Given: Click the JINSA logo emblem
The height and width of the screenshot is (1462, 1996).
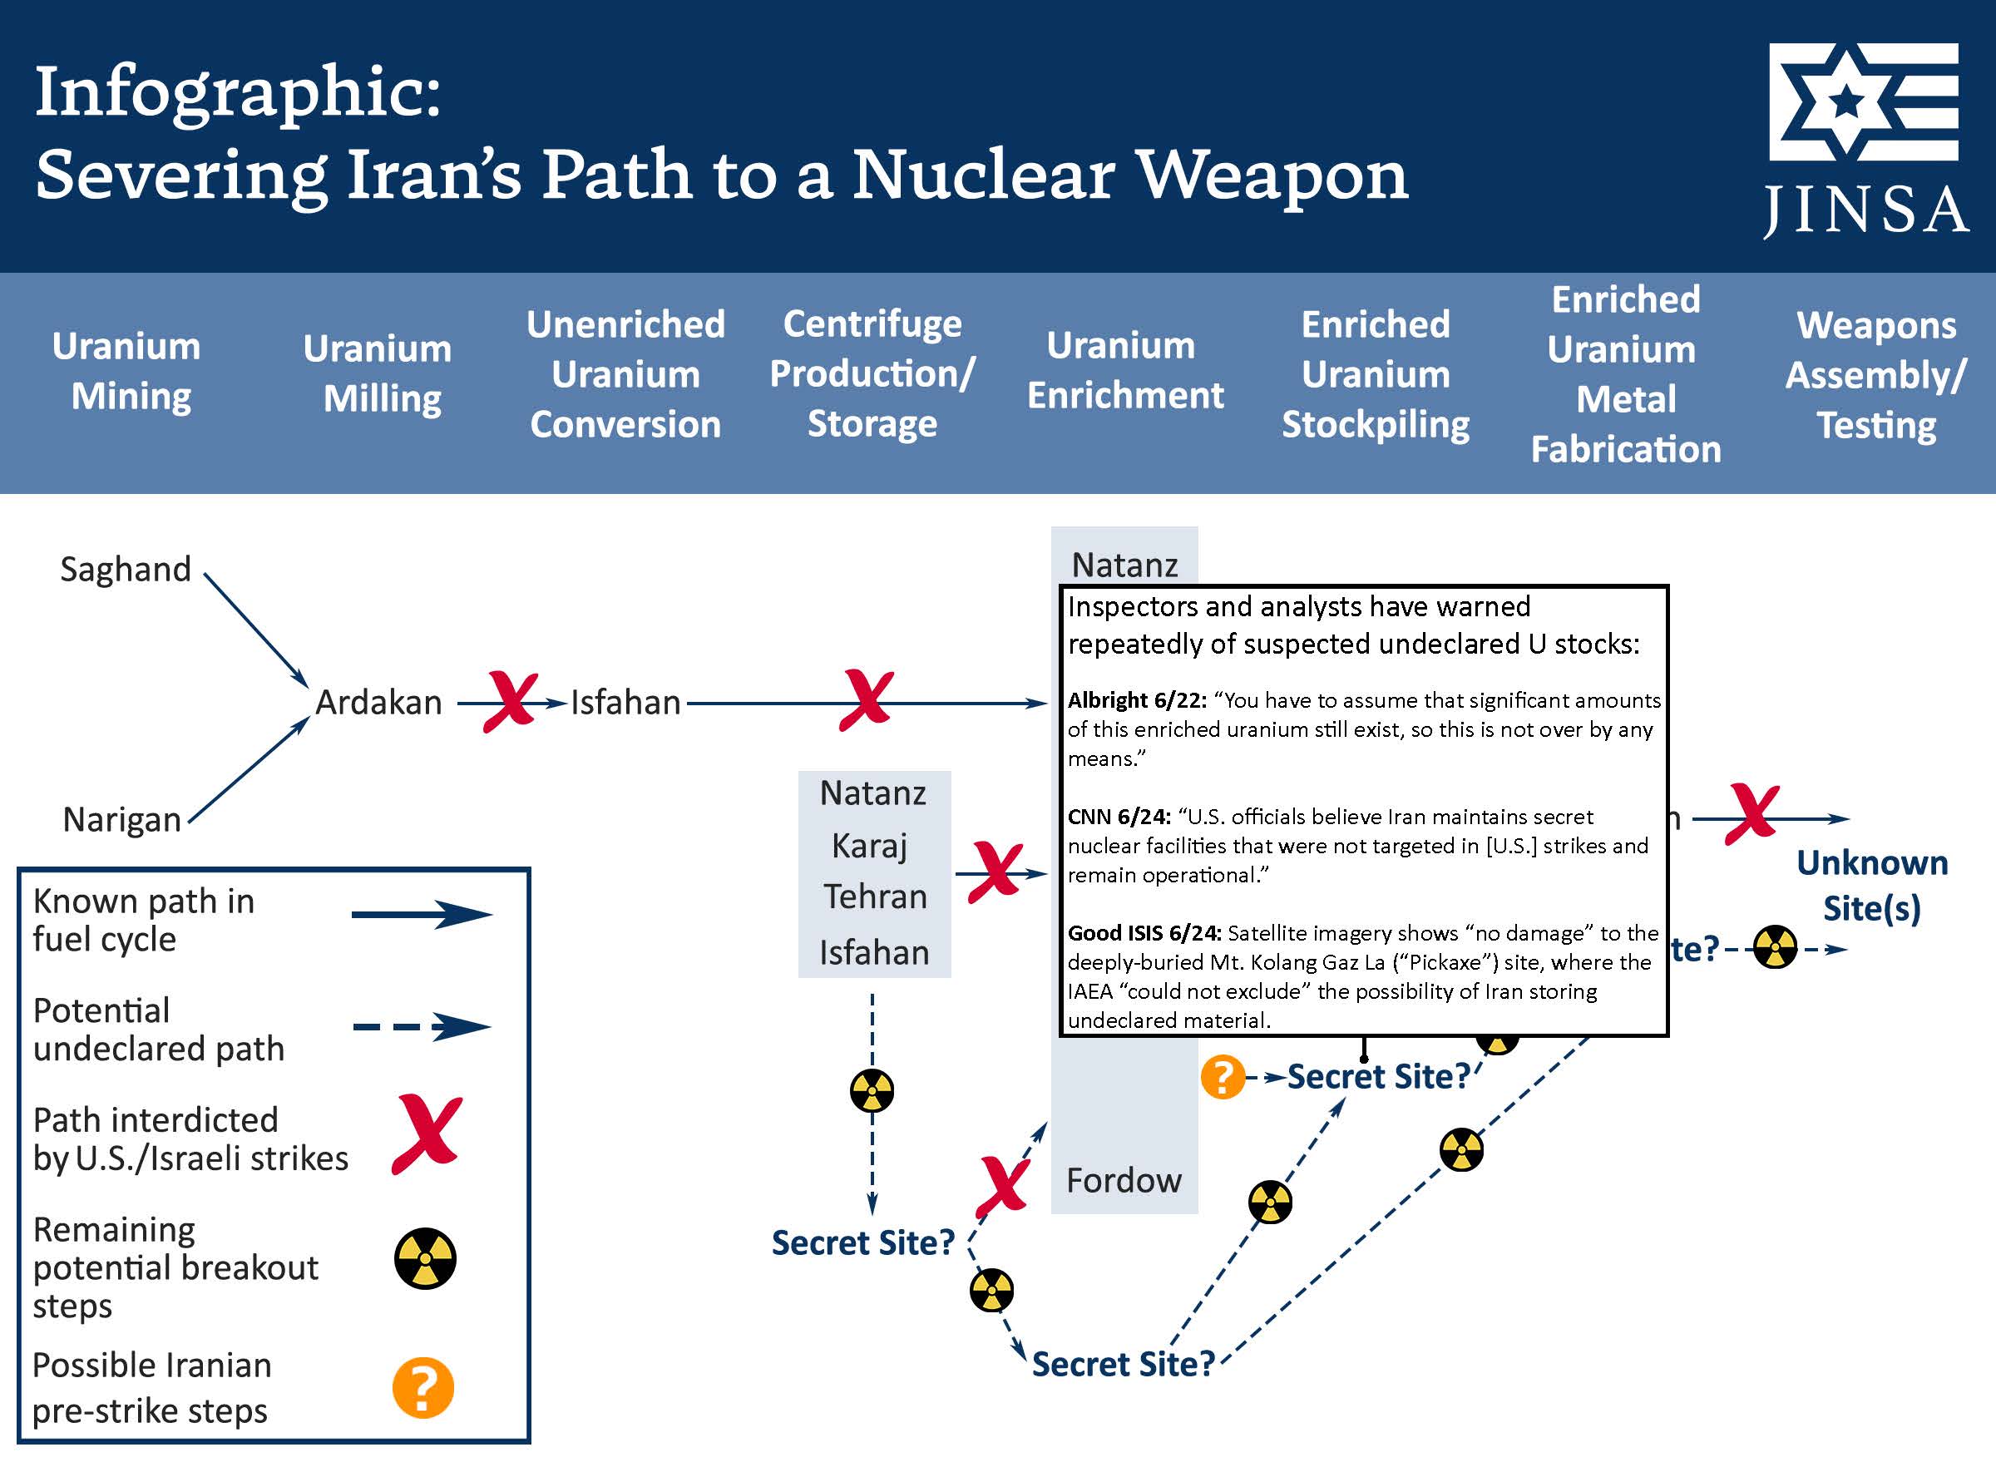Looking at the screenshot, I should (x=1863, y=101).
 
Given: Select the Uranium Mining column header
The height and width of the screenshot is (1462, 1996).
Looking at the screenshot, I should (x=127, y=371).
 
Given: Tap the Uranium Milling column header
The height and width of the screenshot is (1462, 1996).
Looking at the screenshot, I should (x=378, y=373).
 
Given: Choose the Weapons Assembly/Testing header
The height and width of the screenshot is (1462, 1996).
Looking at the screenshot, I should (x=1875, y=375).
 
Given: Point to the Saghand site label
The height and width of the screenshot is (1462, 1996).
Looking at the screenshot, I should (x=126, y=569).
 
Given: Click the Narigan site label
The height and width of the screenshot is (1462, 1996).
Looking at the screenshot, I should (x=122, y=819).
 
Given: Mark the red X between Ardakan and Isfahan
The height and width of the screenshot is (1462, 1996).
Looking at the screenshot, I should (x=511, y=701).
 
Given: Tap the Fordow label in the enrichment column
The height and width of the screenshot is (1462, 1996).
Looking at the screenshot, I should (x=1124, y=1181).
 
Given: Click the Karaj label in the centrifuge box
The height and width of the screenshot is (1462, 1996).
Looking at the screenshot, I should (x=870, y=846).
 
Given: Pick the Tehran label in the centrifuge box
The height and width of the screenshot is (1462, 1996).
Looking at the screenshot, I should (x=875, y=897).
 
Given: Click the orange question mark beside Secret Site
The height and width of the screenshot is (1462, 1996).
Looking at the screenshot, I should (x=1223, y=1077).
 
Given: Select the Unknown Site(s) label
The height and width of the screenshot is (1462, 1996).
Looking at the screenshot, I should (x=1871, y=886).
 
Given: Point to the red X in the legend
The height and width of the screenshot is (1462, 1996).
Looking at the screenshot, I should (x=427, y=1134).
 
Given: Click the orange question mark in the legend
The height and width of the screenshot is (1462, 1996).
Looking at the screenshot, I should (x=423, y=1388).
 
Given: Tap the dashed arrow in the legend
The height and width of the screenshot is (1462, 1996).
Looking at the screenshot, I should (x=422, y=1027).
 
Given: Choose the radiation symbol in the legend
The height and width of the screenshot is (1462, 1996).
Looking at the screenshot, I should (x=425, y=1258).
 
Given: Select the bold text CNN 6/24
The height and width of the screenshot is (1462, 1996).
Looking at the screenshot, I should (x=1119, y=817).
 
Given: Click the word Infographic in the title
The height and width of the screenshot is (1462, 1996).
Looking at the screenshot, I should (x=237, y=91).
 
